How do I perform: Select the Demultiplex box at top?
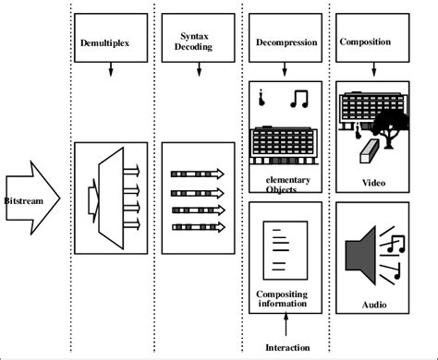(110, 42)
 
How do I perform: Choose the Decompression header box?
(286, 42)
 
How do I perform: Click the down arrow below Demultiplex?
(111, 70)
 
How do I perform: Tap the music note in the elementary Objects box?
(298, 98)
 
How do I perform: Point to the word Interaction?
(287, 347)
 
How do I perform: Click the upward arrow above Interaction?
(287, 326)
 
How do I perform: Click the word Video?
(374, 182)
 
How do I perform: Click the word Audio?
(374, 303)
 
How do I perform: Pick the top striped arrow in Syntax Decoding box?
(196, 174)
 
